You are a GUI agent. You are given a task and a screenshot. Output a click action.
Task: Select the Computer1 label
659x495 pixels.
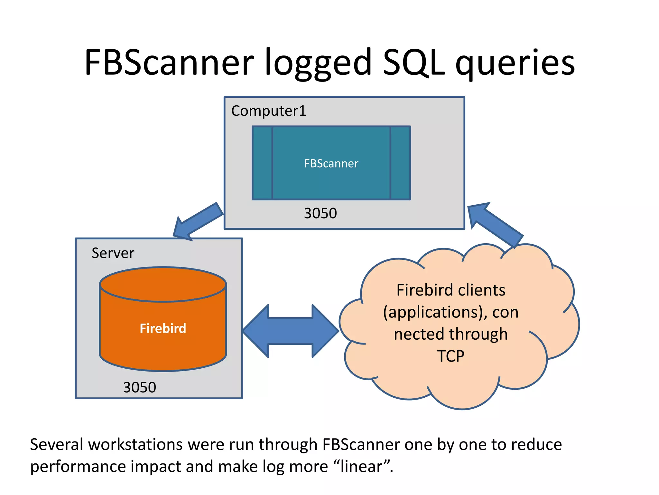click(269, 111)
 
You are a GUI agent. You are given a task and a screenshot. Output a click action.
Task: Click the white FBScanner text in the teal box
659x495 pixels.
click(331, 163)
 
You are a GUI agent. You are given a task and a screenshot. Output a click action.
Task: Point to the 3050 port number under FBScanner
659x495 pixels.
click(320, 213)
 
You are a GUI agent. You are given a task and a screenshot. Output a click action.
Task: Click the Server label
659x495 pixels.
click(113, 253)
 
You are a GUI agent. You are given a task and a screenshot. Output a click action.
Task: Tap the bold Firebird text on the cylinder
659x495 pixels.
click(163, 328)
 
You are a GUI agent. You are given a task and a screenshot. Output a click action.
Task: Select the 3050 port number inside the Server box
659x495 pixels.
click(139, 387)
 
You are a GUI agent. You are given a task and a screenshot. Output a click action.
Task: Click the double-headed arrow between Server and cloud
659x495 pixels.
click(291, 331)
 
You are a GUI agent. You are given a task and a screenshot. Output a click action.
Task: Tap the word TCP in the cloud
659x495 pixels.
click(450, 356)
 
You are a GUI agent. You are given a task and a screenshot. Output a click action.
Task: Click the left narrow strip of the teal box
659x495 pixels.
click(263, 163)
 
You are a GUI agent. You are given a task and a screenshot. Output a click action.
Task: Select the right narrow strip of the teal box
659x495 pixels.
click(400, 163)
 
